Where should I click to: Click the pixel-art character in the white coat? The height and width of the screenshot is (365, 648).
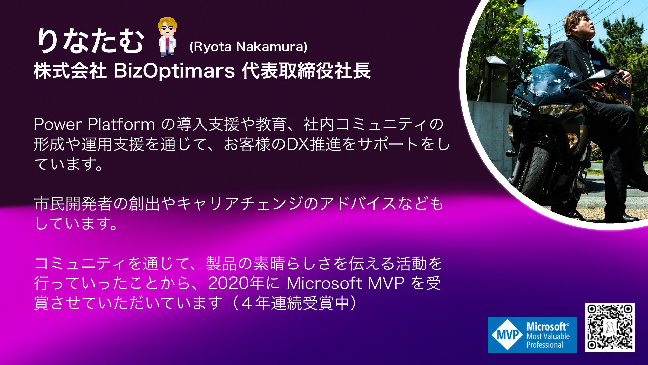click(x=167, y=37)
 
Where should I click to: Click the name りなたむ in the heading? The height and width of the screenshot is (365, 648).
click(x=90, y=41)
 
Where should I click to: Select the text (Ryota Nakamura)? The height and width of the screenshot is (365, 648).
click(x=248, y=47)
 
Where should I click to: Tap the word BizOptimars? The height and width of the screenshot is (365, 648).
click(x=174, y=71)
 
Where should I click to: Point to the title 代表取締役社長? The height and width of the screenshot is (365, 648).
click(x=306, y=71)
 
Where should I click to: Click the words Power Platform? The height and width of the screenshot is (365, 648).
click(x=94, y=124)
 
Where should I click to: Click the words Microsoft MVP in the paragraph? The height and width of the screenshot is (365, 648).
click(x=345, y=283)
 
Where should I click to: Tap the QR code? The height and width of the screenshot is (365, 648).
click(x=610, y=327)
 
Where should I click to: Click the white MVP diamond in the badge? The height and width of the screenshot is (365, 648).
click(x=507, y=335)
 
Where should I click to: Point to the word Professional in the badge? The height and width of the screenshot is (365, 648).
click(x=545, y=345)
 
